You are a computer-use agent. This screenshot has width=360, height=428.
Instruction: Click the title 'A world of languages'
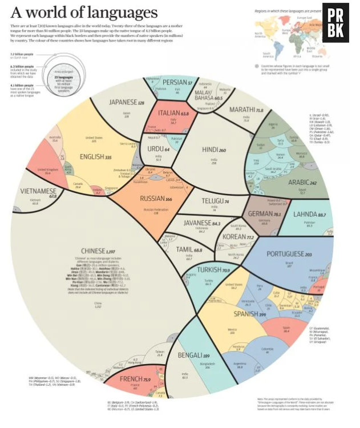(84, 13)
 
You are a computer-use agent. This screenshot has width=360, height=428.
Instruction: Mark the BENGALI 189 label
(193, 356)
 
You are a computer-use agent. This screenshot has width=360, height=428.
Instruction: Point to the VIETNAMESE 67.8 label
(38, 192)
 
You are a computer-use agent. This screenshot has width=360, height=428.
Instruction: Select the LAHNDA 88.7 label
(313, 215)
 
